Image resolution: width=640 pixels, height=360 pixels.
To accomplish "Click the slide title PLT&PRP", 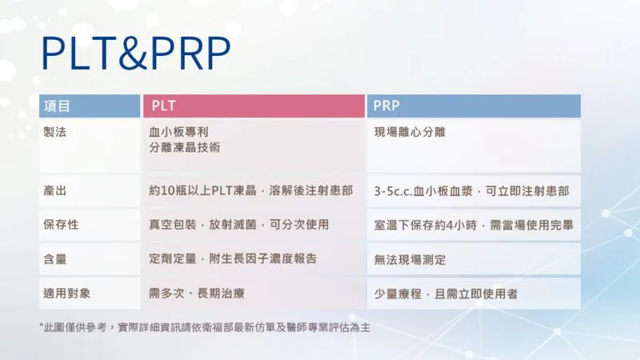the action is [x=136, y=54].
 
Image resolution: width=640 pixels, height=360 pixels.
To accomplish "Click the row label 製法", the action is [x=54, y=132].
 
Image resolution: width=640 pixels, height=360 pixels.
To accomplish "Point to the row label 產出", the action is [x=54, y=190].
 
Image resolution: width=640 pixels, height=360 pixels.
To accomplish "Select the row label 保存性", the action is [x=61, y=225].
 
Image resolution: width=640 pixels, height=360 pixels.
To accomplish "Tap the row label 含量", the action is [x=54, y=258].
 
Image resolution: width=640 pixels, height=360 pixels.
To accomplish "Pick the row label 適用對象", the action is [x=67, y=293].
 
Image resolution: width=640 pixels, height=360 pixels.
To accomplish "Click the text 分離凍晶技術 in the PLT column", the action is [x=185, y=147].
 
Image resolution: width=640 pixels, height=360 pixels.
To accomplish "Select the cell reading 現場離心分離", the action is [x=410, y=132].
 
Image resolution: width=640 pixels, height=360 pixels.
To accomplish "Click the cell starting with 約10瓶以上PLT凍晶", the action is [x=251, y=190].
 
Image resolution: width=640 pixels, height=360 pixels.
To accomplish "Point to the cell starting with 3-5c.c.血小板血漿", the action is [x=471, y=191].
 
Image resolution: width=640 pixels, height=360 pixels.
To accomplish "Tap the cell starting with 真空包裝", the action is [x=238, y=225].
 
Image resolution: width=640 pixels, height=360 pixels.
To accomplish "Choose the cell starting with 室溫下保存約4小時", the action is [x=474, y=225].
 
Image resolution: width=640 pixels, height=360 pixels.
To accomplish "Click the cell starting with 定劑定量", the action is [x=233, y=258].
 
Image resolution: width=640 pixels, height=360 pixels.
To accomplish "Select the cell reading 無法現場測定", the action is [x=410, y=259].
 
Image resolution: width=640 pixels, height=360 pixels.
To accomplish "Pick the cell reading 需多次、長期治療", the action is [x=197, y=293].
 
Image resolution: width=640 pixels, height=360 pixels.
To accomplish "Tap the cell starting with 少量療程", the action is [x=446, y=294].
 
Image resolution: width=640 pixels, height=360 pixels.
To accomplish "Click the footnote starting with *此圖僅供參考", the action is [x=205, y=327].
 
